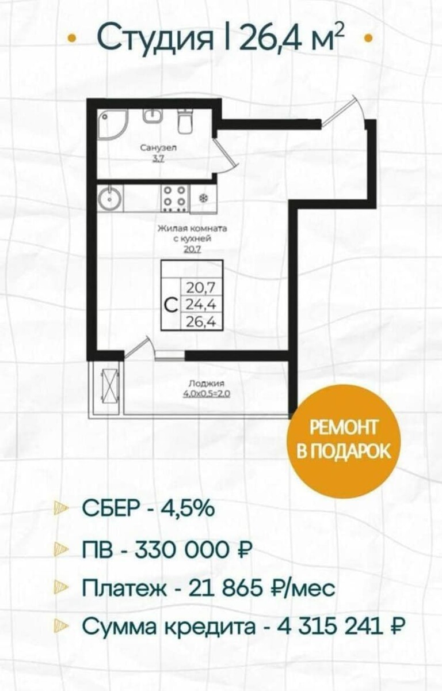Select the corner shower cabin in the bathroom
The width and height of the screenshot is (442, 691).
(x=113, y=124)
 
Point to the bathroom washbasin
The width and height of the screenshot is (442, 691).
(x=151, y=116)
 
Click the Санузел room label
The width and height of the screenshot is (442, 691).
(x=158, y=147)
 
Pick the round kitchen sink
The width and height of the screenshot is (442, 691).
(x=110, y=198)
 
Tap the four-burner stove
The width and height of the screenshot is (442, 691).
(x=175, y=198)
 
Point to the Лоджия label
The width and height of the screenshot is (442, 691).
(x=206, y=384)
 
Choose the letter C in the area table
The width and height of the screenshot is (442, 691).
(x=171, y=305)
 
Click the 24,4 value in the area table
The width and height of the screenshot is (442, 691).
(x=201, y=305)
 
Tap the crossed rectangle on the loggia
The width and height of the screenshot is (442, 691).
(x=110, y=386)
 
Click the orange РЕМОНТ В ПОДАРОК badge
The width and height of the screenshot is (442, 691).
(x=344, y=440)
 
